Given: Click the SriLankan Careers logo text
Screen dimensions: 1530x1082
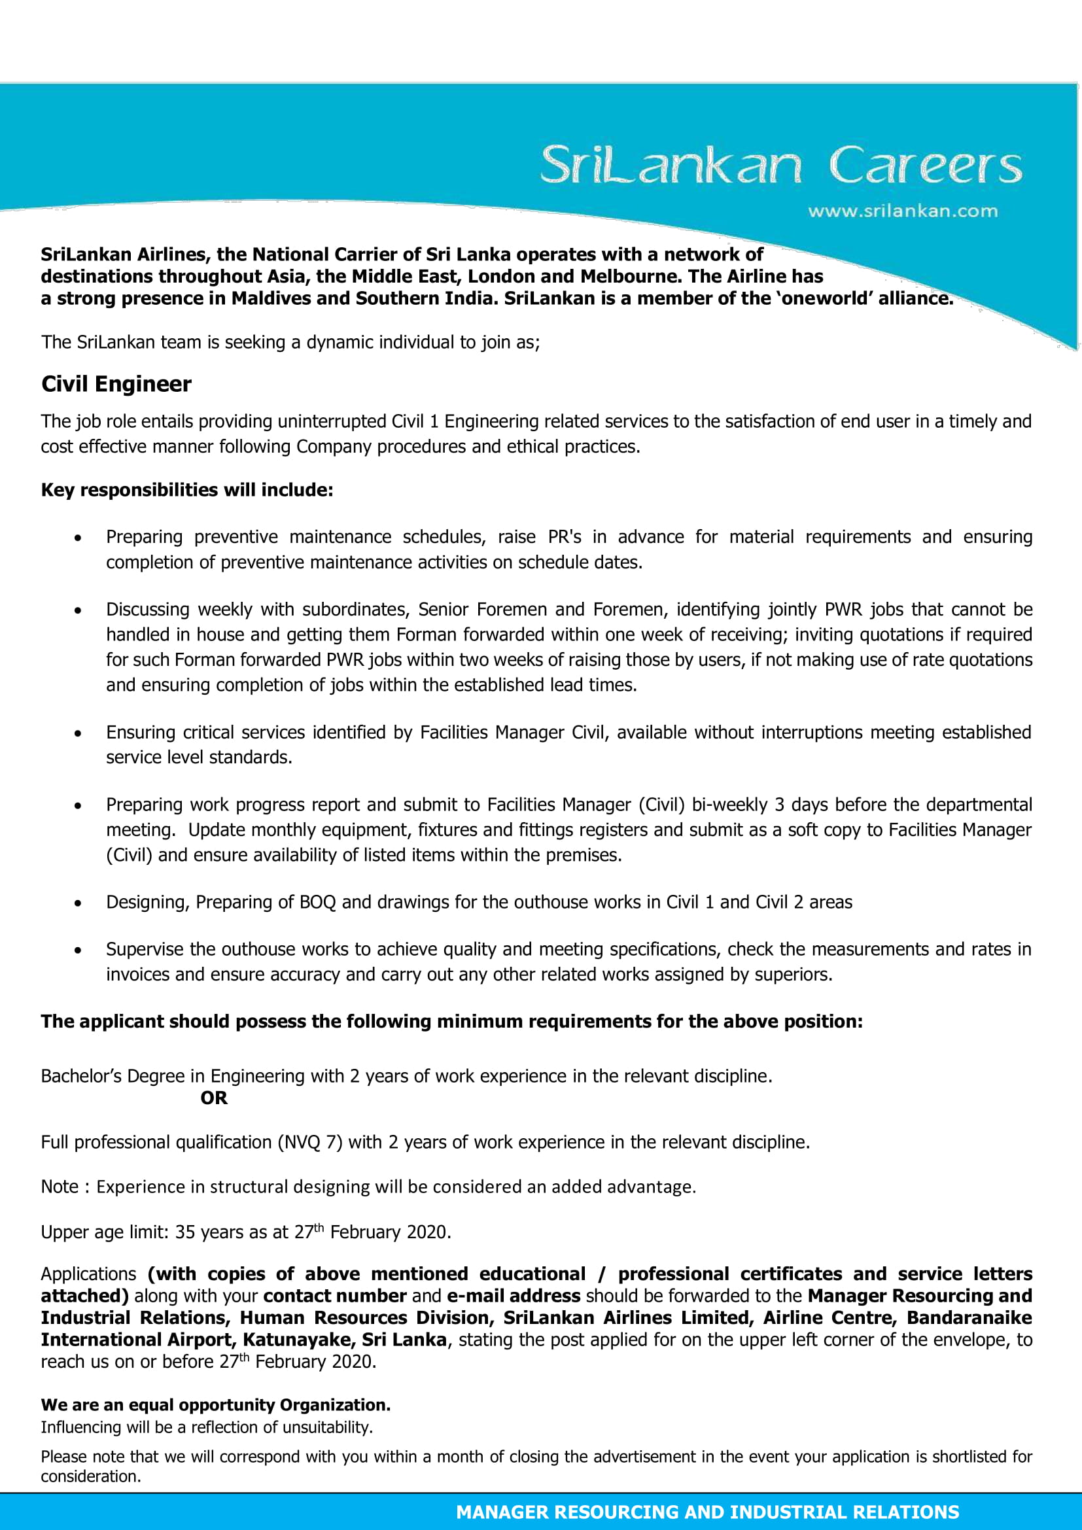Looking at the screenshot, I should pos(780,165).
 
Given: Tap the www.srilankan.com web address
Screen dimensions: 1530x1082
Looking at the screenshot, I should pos(902,211).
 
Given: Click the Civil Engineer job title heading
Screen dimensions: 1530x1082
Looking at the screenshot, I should pos(116,384).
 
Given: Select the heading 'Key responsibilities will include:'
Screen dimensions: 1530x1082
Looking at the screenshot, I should pos(186,490).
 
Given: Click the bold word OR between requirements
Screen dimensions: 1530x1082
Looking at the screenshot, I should pos(214,1098).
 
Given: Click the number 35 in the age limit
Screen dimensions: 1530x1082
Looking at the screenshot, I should pos(184,1232).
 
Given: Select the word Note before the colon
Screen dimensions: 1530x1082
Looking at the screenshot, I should pos(60,1186).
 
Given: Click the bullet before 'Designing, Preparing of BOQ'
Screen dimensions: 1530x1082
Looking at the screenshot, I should pos(79,903).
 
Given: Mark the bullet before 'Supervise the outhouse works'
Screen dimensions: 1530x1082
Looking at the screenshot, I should pos(79,951).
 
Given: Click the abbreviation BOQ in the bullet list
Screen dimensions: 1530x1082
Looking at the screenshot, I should pos(318,901).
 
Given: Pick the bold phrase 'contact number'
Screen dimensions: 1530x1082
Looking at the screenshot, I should pos(334,1295).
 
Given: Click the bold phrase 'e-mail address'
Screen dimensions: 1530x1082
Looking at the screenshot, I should pos(513,1295).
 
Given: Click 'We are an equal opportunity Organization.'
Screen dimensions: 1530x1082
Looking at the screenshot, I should pos(215,1404).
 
